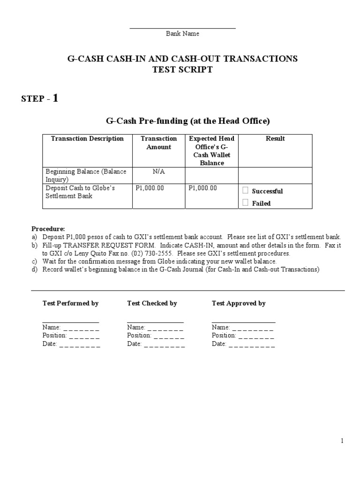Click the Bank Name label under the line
point(183,34)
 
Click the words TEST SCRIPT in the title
point(182,70)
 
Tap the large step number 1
point(56,98)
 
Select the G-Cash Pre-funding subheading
point(188,121)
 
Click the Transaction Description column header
point(87,139)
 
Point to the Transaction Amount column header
point(159,143)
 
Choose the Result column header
point(275,139)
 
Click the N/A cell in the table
point(159,172)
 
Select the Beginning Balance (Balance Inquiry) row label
point(86,175)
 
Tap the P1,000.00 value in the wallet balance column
point(202,188)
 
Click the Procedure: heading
point(48,229)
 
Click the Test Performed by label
point(70,303)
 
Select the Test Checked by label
point(152,303)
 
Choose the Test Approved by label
point(239,303)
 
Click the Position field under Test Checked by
point(156,336)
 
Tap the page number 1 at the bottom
point(343,441)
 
